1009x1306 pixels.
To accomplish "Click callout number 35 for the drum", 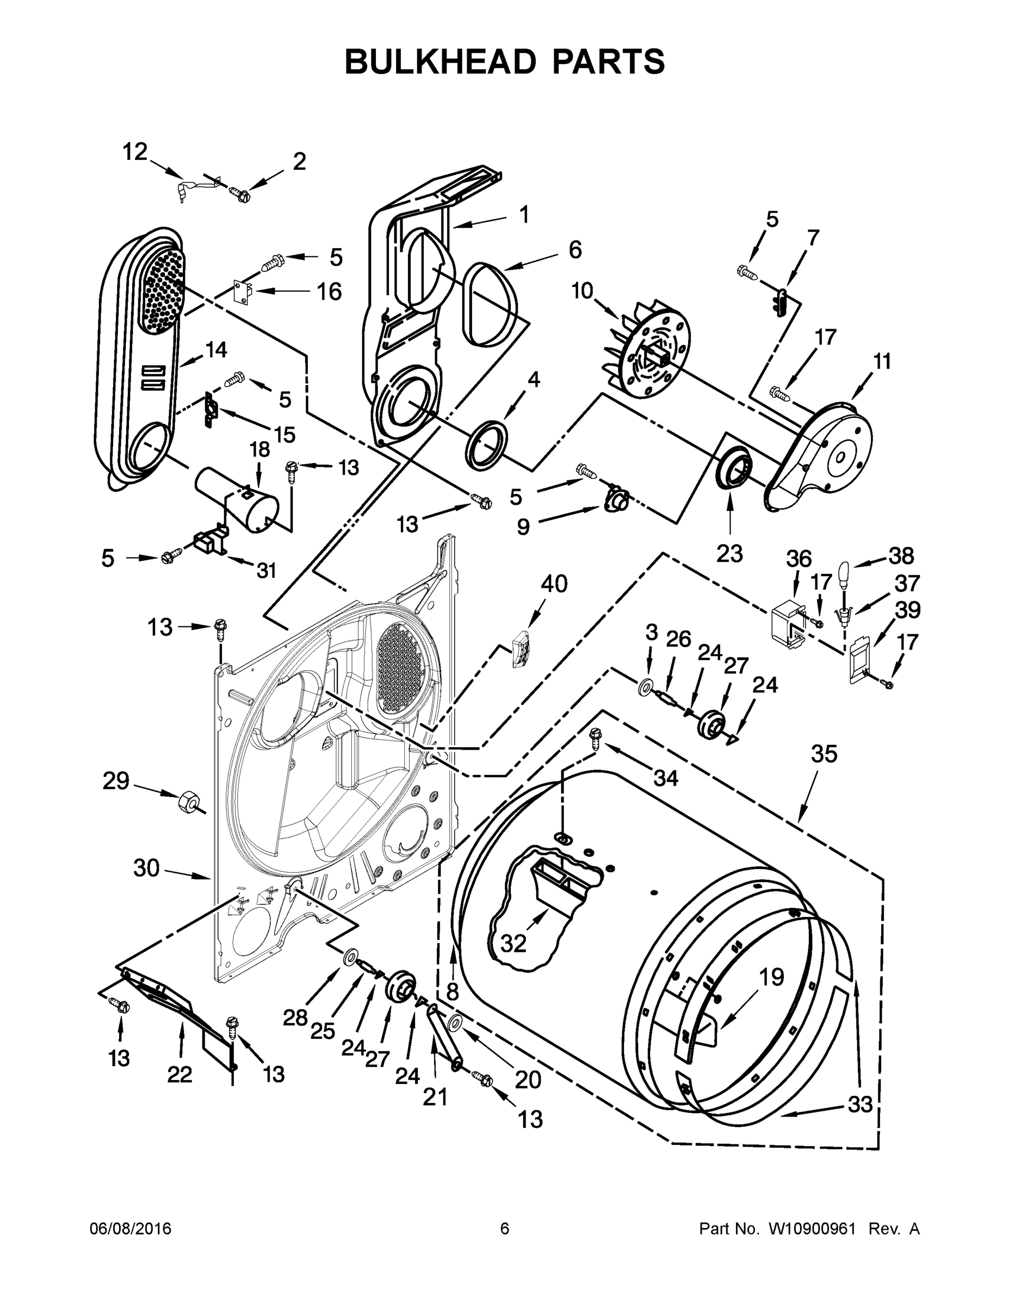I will click(824, 754).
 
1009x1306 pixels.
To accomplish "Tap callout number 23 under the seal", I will click(729, 554).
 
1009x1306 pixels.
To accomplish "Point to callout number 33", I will click(860, 1104).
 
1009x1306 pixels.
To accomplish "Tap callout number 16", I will click(329, 292).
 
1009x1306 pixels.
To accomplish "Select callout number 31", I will click(267, 570).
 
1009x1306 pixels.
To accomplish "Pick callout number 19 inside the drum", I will click(771, 977).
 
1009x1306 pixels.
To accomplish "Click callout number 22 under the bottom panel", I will click(179, 1075).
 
